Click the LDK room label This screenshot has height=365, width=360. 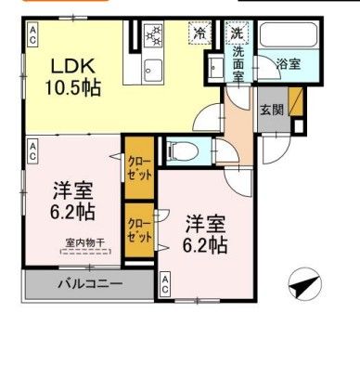pos(70,68)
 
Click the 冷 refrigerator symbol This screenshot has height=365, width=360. pos(200,33)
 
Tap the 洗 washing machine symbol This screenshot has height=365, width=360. pos(237,33)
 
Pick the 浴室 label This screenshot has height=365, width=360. pos(288,63)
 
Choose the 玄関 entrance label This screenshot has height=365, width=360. pos(271,110)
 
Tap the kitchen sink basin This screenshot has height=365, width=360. pos(153,69)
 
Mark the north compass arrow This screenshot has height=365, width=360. pos(303,284)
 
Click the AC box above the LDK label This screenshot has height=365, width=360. pos(32,36)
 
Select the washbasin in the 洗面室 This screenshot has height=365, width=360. pos(215,67)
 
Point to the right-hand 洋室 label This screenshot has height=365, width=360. pos(206,235)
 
